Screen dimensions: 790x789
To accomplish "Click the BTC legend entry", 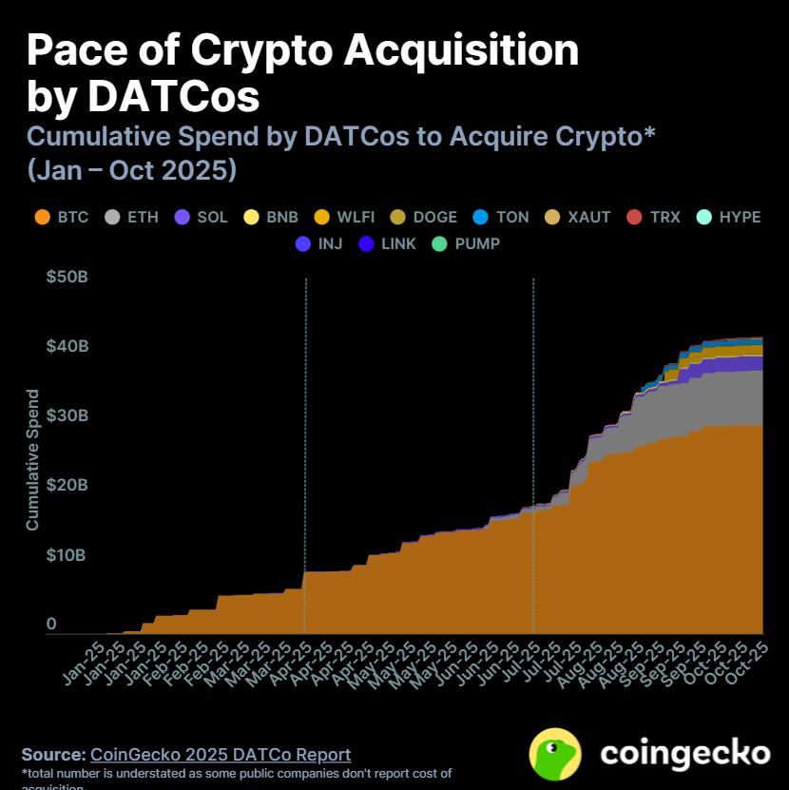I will tap(62, 217).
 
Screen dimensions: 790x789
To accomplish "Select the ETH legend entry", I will tap(131, 217).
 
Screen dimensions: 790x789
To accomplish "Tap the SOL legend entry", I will tap(202, 217).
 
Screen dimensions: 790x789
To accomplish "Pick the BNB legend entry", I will tap(271, 217).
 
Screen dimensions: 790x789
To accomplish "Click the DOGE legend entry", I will tap(424, 217).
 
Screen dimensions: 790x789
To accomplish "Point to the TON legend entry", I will tap(501, 217).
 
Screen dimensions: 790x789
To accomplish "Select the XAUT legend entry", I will tap(578, 217).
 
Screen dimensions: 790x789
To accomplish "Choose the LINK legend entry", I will tap(387, 243).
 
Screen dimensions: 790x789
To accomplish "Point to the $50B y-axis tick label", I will tap(67, 277).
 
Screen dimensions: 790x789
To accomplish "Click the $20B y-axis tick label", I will tap(67, 485).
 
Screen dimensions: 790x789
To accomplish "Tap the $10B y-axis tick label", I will tap(67, 554).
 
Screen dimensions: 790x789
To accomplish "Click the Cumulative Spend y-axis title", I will tap(32, 459).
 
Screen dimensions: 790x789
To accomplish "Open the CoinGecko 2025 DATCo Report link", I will tap(221, 755).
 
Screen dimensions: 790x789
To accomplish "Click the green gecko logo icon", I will tap(556, 755).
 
